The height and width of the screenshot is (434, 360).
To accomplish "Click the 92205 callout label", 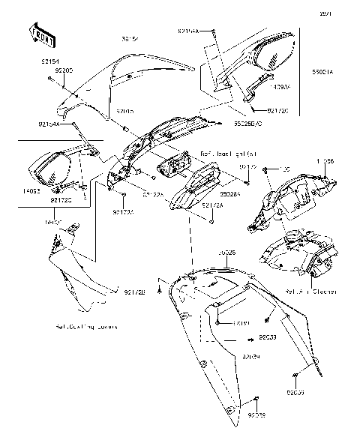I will pyautogui.click(x=64, y=70).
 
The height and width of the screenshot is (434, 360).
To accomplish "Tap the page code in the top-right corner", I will pyautogui.click(x=345, y=13).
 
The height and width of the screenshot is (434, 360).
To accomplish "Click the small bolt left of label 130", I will pyautogui.click(x=266, y=172).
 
